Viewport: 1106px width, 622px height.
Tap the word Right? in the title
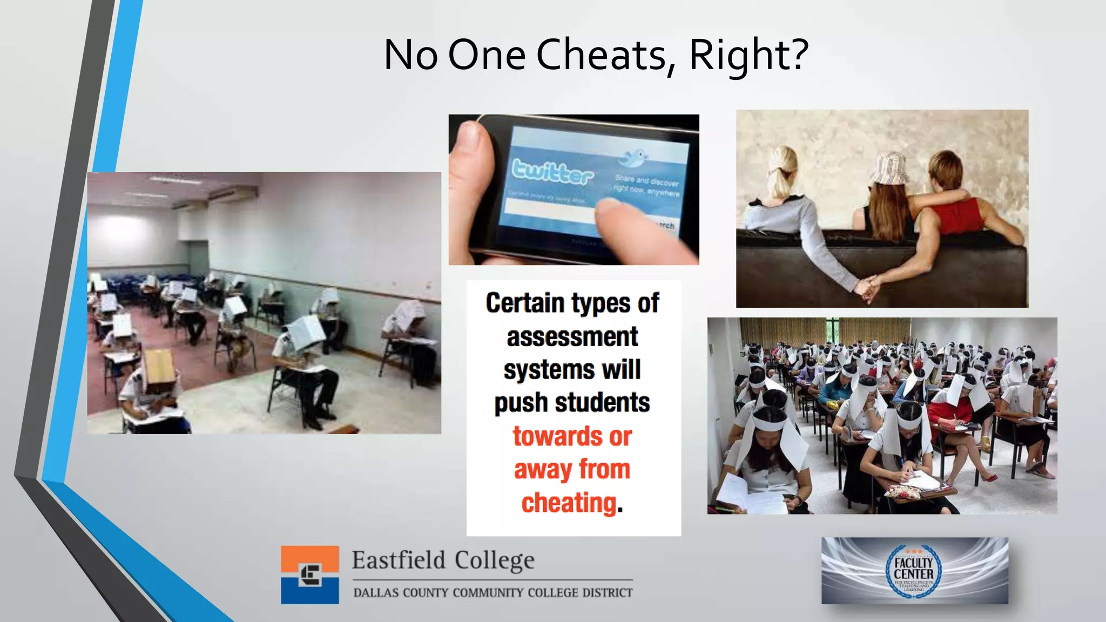click(748, 55)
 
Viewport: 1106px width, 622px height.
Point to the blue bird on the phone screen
click(633, 158)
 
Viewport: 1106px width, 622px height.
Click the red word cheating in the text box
click(569, 503)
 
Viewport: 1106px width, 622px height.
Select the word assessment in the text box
click(572, 337)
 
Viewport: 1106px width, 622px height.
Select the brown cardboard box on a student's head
click(159, 369)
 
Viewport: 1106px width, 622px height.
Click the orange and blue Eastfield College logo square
click(309, 574)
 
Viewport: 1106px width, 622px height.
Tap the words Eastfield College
click(443, 560)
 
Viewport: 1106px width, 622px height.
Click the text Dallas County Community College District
click(493, 593)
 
